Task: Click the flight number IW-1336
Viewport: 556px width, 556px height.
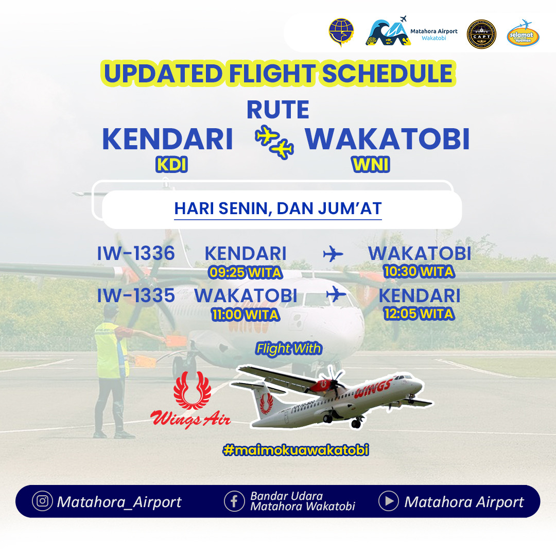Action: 136,253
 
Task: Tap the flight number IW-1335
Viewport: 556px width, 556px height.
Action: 136,296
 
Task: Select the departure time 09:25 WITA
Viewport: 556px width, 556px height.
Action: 246,272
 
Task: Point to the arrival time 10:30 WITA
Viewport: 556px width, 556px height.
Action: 419,272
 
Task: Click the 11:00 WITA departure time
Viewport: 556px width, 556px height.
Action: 246,315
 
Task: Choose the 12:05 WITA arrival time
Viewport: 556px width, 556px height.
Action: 419,314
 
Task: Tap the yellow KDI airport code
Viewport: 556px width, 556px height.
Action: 171,165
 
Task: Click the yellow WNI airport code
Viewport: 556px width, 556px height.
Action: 371,165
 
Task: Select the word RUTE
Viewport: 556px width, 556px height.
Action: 278,110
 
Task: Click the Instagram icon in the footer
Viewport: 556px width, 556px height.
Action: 42,501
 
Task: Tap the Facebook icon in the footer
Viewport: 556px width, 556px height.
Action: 234,501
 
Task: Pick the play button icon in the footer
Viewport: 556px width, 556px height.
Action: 389,501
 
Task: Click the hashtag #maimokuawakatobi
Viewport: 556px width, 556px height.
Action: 296,450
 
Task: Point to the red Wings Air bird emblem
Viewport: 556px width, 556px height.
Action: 192,390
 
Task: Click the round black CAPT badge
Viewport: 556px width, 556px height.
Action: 481,34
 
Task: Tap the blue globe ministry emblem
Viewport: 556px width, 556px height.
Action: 341,32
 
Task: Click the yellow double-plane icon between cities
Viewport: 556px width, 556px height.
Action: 274,142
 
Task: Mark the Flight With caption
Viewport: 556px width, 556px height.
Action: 289,349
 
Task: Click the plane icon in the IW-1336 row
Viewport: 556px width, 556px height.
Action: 333,254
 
